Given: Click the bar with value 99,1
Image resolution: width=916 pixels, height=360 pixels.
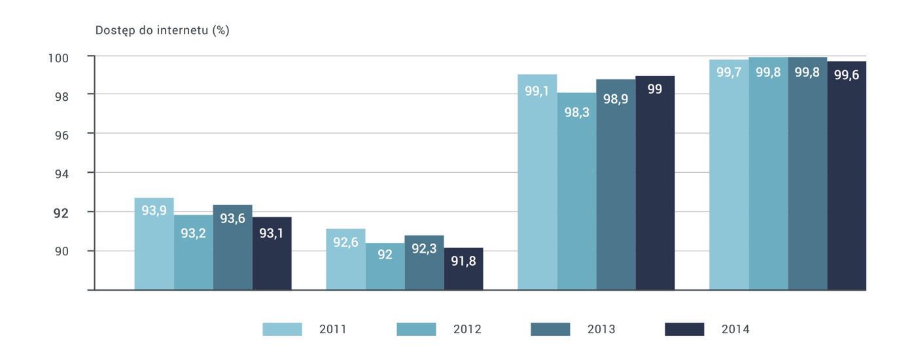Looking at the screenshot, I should pyautogui.click(x=537, y=183).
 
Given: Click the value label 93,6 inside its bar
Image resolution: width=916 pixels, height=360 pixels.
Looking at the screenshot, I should pyautogui.click(x=232, y=219).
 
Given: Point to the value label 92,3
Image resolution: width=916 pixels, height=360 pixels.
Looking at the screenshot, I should pyautogui.click(x=424, y=249).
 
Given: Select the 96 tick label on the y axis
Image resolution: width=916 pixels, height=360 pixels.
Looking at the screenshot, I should pyautogui.click(x=60, y=134).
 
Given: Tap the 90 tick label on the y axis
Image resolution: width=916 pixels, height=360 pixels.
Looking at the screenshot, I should pyautogui.click(x=60, y=251).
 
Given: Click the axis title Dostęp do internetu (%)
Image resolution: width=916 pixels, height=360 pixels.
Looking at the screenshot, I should pyautogui.click(x=162, y=31).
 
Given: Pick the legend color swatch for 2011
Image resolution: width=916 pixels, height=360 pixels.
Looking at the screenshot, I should pyautogui.click(x=282, y=329).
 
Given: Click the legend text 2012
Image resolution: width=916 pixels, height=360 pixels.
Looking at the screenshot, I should pyautogui.click(x=467, y=329).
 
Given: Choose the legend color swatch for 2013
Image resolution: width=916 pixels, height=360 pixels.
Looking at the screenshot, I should pyautogui.click(x=550, y=329).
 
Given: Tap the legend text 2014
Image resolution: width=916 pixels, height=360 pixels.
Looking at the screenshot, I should pyautogui.click(x=735, y=329).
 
